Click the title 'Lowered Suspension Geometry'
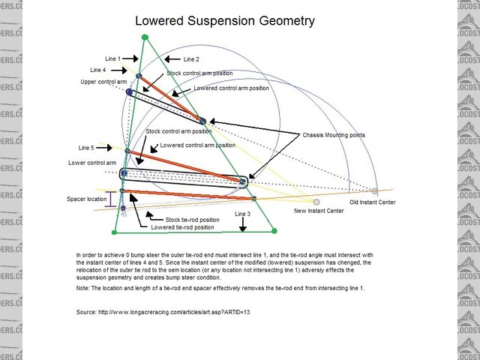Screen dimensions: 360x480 click(224, 21)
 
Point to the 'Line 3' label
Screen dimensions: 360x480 click(244, 214)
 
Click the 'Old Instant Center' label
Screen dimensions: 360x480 click(373, 202)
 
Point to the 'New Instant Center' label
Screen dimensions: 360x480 click(320, 211)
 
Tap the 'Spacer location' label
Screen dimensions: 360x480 click(86, 199)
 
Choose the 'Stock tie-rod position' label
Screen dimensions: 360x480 click(190, 219)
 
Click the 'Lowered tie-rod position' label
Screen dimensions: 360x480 click(182, 226)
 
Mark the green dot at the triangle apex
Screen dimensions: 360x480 click(145, 37)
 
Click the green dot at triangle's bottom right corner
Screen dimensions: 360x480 click(274, 231)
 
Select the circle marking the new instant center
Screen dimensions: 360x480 click(316, 202)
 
